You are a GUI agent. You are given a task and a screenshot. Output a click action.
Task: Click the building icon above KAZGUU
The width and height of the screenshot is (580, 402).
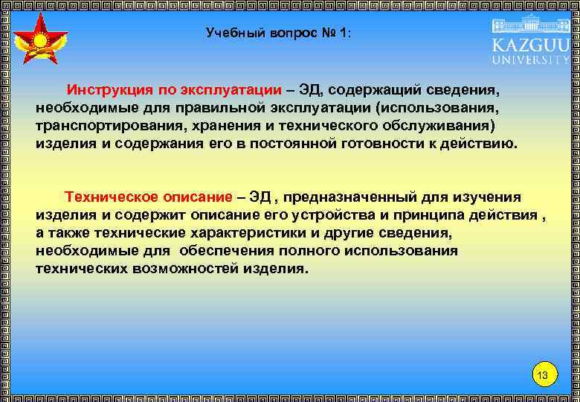coord(530,22)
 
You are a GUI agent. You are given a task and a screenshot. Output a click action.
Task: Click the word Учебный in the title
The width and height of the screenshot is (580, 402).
coord(232,33)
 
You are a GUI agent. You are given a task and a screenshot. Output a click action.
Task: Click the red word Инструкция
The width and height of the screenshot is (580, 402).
coord(110,89)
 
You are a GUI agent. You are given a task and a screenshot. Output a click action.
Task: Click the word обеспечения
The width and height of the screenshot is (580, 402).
coord(241,251)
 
